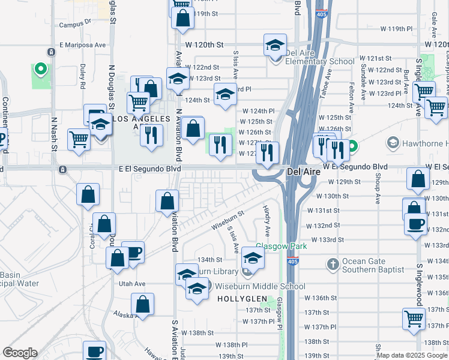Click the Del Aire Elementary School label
coord(311,61)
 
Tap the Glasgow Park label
coord(282,247)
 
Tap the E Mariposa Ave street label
coord(82,45)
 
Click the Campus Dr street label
coord(74,25)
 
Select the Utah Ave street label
coord(132,283)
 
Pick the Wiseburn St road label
coord(227,220)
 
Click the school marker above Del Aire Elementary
coord(275,46)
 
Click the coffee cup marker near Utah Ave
coord(132,252)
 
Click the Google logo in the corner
coord(20,353)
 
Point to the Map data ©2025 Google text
coord(412,355)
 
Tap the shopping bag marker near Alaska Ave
coord(143,304)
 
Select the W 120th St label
coord(203,45)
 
